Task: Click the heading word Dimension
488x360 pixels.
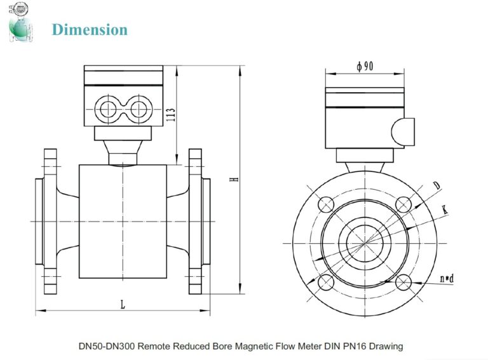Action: point(90,29)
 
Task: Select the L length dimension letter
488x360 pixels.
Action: point(123,305)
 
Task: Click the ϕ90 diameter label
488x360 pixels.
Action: point(364,66)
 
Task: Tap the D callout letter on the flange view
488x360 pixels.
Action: point(437,185)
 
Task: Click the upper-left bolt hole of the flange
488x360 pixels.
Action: point(326,204)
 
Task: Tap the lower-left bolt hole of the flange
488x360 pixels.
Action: point(326,281)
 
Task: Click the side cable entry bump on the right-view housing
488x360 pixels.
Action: point(403,131)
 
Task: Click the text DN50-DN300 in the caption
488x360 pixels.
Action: point(106,346)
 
